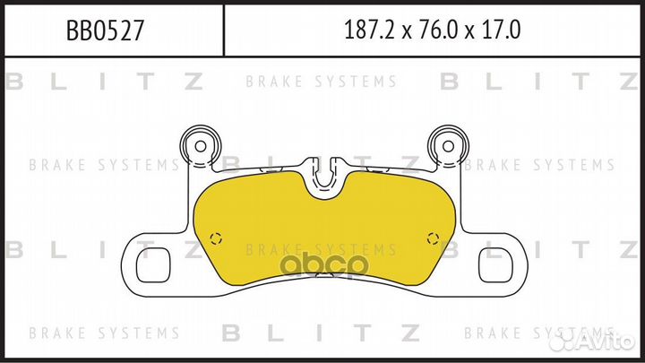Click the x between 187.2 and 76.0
pyautogui.click(x=403, y=32)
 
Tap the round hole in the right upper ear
pyautogui.click(x=444, y=144)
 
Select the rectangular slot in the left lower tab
pyautogui.click(x=153, y=266)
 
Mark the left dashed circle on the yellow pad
pyautogui.click(x=213, y=238)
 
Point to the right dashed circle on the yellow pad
pyautogui.click(x=433, y=238)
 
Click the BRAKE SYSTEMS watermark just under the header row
pyautogui.click(x=322, y=82)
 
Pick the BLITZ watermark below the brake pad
pyautogui.click(x=322, y=333)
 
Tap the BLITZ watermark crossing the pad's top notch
pyautogui.click(x=322, y=165)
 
